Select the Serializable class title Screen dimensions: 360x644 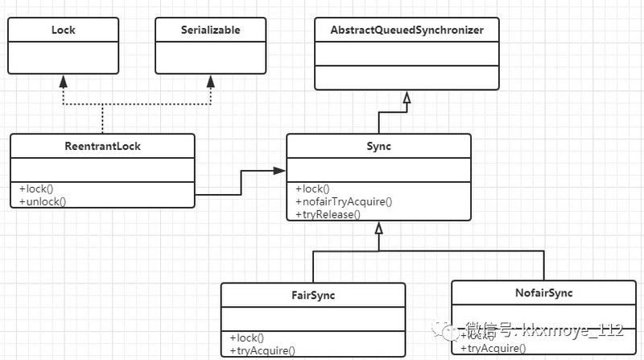210,30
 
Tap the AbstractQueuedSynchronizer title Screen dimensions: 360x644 407,30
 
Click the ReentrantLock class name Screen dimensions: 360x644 102,147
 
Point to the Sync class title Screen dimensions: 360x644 378,147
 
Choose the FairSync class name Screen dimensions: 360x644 312,296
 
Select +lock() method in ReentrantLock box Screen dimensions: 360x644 38,188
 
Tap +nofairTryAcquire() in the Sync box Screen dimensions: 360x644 344,201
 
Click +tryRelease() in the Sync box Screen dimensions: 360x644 328,214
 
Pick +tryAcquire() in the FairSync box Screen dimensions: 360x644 262,350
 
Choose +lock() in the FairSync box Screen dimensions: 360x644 247,337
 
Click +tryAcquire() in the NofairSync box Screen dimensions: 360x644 493,348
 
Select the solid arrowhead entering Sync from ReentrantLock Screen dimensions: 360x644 279,171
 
